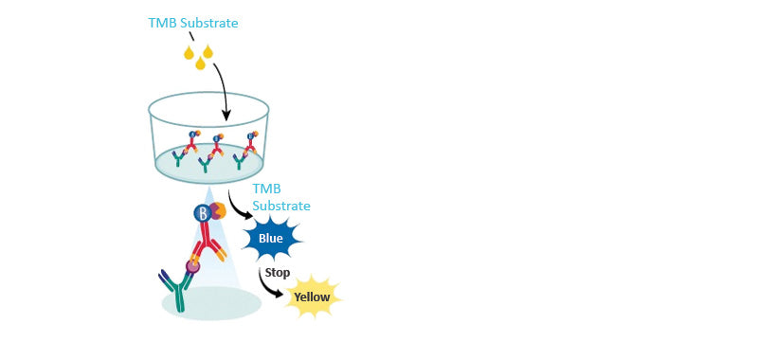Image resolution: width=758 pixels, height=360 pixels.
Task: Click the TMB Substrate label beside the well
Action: point(281,197)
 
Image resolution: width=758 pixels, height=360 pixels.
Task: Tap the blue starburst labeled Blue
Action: point(270,238)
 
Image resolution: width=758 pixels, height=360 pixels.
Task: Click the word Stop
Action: point(278,272)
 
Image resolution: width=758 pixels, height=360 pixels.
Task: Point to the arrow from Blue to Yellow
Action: point(268,282)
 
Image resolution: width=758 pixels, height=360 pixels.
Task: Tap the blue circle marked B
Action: point(203,213)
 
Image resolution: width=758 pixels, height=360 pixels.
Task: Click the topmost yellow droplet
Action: point(208,48)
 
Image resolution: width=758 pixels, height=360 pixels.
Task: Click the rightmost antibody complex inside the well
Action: point(249,148)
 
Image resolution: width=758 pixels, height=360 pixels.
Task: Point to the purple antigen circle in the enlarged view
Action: point(193,266)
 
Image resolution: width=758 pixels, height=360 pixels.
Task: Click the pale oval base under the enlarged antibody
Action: point(211,302)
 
